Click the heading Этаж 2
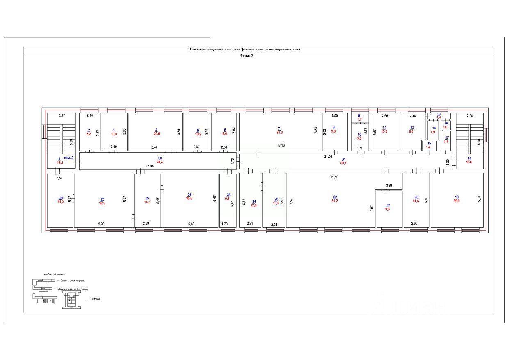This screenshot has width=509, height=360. click(247, 56)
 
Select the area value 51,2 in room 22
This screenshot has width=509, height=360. click(335, 200)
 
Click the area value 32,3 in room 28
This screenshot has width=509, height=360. click(103, 203)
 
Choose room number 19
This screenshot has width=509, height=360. click(457, 197)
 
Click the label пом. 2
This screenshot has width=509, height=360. click(69, 158)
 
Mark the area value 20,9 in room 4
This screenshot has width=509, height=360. click(156, 134)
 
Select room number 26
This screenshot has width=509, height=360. click(189, 195)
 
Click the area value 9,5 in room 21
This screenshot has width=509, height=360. click(388, 209)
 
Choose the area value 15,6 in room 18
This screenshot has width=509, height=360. click(469, 162)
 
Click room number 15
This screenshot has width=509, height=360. click(429, 143)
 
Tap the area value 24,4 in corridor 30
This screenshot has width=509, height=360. click(160, 162)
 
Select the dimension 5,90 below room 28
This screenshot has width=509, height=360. click(101, 224)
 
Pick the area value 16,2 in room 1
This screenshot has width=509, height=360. click(59, 163)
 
